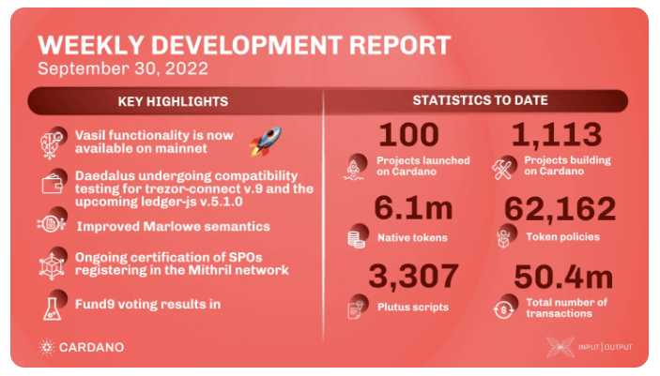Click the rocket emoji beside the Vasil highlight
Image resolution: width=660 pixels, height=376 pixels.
(265, 142)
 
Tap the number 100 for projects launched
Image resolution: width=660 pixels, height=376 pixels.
(408, 135)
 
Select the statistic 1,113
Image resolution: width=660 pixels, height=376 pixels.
(557, 135)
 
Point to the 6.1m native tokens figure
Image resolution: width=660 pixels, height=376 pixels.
(413, 208)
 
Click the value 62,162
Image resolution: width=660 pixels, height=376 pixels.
(560, 209)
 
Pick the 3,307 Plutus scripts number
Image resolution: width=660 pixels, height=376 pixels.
(413, 276)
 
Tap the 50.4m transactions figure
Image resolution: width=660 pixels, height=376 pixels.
(563, 278)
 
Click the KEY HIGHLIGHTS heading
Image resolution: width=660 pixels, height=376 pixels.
(173, 101)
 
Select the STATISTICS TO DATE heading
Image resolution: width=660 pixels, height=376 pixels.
(481, 100)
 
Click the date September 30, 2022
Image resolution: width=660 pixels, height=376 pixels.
(123, 68)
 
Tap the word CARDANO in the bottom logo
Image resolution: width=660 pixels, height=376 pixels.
(92, 347)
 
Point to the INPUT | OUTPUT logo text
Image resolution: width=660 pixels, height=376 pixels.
(605, 347)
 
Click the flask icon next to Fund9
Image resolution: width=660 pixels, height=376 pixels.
(53, 309)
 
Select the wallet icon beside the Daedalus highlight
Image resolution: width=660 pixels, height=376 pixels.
(53, 184)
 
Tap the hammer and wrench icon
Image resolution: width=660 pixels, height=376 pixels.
(502, 170)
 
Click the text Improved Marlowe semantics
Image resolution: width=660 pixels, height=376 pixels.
(174, 227)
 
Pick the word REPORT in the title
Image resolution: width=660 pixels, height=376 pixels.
(400, 45)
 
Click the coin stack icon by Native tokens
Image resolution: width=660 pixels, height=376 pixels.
(356, 238)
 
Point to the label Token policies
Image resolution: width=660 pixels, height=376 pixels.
(562, 237)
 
